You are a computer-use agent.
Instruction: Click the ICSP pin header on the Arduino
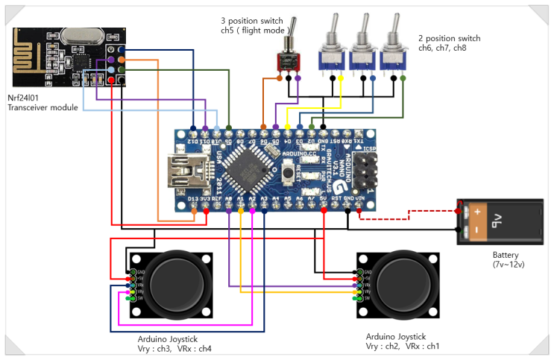(366, 169)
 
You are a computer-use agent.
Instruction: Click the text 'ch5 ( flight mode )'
(254, 31)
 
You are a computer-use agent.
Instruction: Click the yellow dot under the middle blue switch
(341, 78)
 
